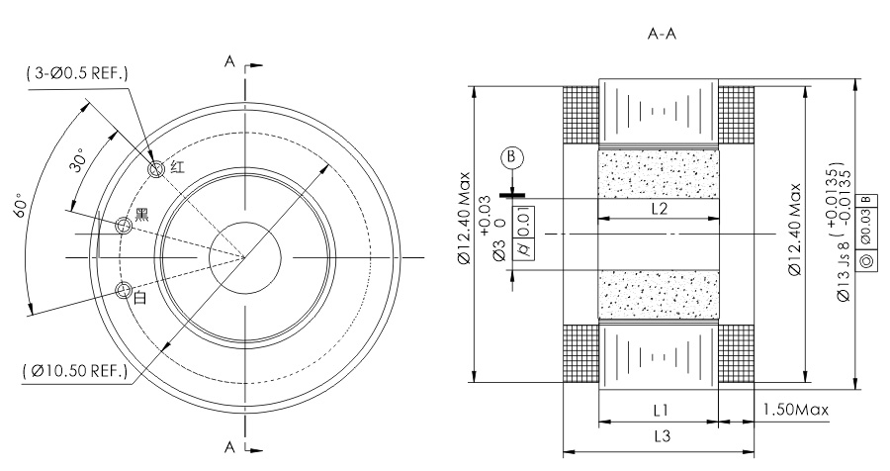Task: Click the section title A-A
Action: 662,34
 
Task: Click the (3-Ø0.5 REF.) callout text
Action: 77,73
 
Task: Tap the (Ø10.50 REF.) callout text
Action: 75,371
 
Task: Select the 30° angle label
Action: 79,159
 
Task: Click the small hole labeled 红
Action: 156,169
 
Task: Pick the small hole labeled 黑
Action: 124,227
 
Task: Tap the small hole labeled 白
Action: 124,291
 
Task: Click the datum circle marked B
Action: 512,156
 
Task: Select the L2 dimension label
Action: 659,209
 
